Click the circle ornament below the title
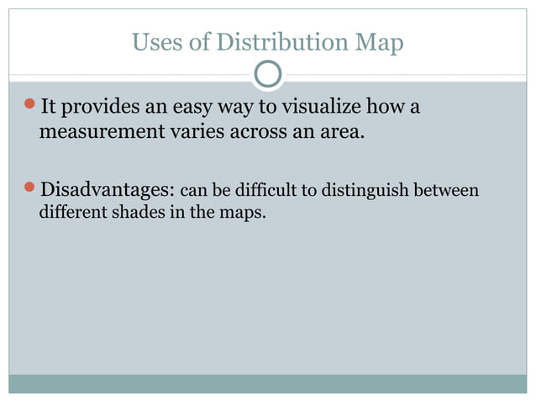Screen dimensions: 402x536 [x=268, y=75]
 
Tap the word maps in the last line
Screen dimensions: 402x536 [x=244, y=213]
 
